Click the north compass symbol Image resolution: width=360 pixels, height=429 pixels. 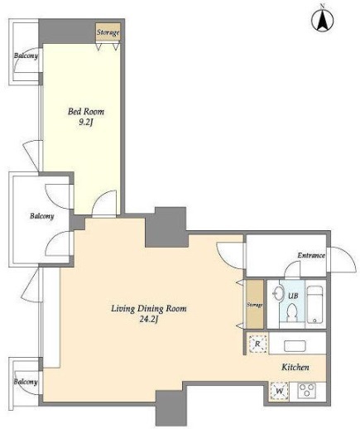(x=322, y=20)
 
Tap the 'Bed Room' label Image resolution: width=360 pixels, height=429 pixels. (x=86, y=112)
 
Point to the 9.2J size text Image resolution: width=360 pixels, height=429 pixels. (x=85, y=123)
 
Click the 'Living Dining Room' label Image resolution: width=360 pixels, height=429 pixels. (x=149, y=308)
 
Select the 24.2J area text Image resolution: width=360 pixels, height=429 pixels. (x=149, y=319)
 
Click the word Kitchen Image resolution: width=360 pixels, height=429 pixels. (x=295, y=367)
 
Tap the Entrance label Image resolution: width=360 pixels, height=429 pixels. (x=311, y=255)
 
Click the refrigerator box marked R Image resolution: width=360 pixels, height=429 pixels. (x=257, y=344)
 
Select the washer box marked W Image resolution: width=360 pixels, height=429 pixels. (x=279, y=391)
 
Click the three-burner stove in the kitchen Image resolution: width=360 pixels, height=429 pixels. (x=306, y=390)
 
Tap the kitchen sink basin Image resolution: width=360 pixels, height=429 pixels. (x=295, y=346)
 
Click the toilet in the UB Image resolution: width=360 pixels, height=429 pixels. (x=291, y=312)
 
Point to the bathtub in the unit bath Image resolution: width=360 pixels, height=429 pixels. (x=314, y=305)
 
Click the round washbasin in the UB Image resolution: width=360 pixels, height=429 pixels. (x=280, y=292)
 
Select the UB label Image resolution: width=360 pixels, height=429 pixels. (x=293, y=296)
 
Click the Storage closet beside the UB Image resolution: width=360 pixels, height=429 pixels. (x=255, y=305)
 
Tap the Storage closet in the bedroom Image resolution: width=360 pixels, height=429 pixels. (x=108, y=32)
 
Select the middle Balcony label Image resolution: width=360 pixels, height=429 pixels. (x=42, y=215)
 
